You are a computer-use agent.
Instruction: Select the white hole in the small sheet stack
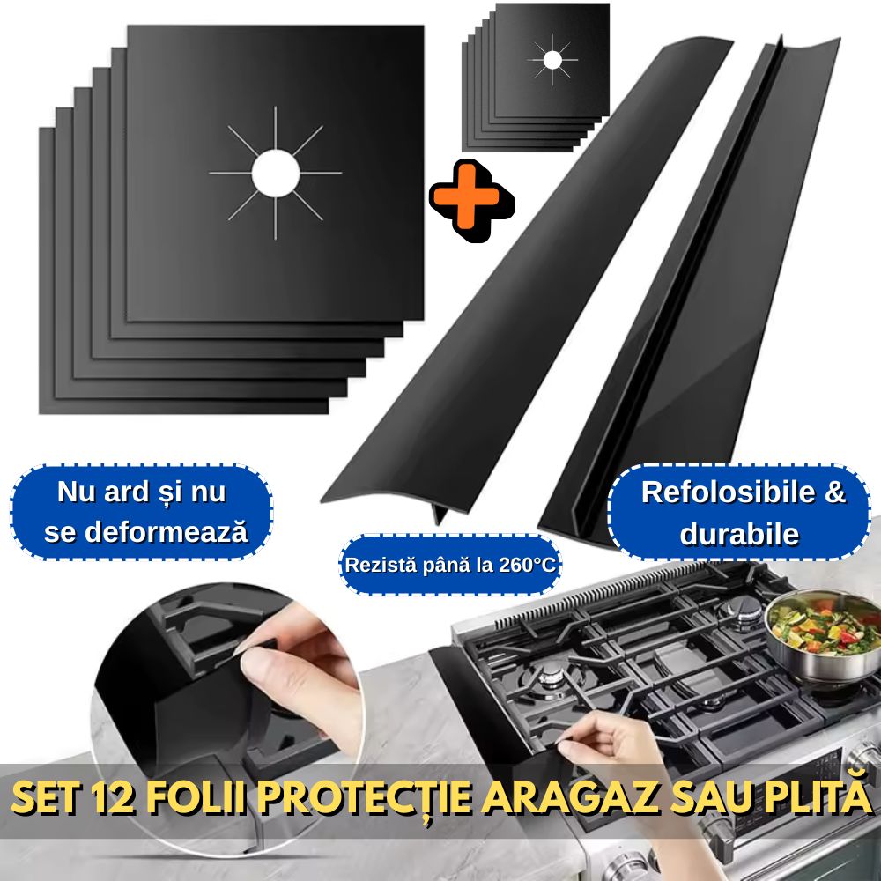click(552, 59)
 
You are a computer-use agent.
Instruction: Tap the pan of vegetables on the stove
click(813, 627)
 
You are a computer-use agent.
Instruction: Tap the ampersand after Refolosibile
click(834, 492)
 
